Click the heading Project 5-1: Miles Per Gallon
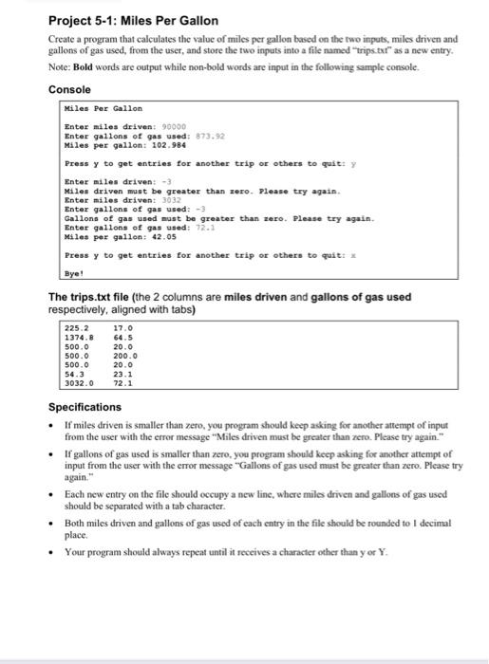coord(133,20)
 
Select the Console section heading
coord(71,89)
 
